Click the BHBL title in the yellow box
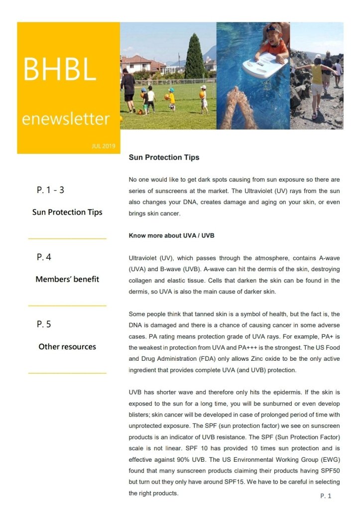pyautogui.click(x=60, y=70)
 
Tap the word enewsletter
pyautogui.click(x=65, y=119)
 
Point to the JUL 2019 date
pyautogui.click(x=104, y=146)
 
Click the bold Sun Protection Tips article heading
pyautogui.click(x=164, y=158)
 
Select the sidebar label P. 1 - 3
pyautogui.click(x=50, y=190)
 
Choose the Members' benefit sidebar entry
pyautogui.click(x=67, y=279)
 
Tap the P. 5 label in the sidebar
pyautogui.click(x=44, y=324)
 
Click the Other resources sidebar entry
pyautogui.click(x=67, y=347)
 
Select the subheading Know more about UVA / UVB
pyautogui.click(x=171, y=235)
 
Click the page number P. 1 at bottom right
pyautogui.click(x=326, y=496)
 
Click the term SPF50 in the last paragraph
pyautogui.click(x=330, y=470)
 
